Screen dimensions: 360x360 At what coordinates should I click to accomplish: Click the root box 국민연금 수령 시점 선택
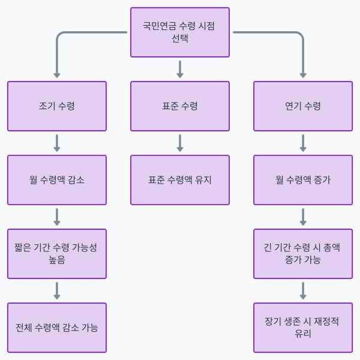(x=180, y=32)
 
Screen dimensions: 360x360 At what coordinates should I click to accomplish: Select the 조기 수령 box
(x=57, y=106)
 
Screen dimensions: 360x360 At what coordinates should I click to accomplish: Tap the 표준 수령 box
(x=180, y=106)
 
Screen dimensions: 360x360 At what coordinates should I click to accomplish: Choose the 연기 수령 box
(x=303, y=106)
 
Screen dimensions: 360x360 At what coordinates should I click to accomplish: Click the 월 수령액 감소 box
(x=57, y=180)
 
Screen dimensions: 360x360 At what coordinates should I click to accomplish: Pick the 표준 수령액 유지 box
(x=180, y=180)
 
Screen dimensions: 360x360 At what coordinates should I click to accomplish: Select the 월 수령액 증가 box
(x=303, y=180)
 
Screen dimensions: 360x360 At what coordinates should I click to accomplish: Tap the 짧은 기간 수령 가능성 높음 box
(x=57, y=254)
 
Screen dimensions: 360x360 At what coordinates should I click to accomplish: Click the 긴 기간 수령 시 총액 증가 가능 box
(x=303, y=254)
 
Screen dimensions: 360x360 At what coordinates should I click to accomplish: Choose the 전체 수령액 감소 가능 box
(x=57, y=328)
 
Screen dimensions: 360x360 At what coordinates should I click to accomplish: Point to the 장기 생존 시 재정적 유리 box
(x=303, y=328)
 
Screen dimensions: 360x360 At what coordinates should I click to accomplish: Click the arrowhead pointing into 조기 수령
(x=57, y=76)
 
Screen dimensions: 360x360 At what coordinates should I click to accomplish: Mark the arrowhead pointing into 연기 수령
(x=303, y=76)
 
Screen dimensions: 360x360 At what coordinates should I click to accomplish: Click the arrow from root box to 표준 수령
(x=180, y=68)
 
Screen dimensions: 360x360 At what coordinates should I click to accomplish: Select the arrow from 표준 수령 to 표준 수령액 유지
(x=180, y=143)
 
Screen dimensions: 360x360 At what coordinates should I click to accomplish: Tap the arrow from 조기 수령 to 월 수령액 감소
(x=57, y=143)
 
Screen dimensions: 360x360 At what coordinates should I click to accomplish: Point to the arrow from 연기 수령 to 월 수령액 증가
(x=303, y=143)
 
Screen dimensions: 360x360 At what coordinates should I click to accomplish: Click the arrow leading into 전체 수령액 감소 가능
(x=57, y=290)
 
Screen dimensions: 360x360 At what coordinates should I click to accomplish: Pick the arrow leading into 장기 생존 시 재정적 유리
(x=303, y=290)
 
